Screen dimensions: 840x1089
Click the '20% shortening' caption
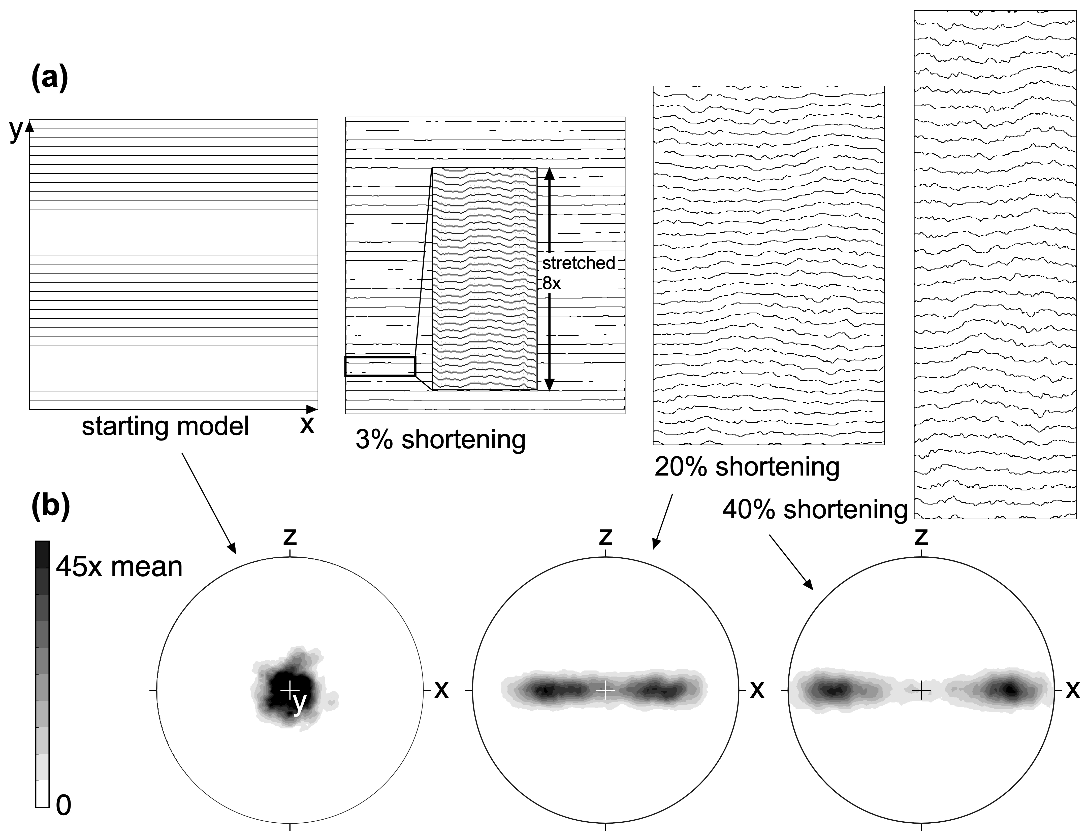tap(747, 467)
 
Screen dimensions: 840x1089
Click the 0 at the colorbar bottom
tap(63, 805)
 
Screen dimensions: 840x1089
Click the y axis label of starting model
tap(16, 131)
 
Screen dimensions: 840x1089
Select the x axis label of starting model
tap(307, 425)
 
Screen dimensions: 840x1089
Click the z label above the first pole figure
tap(290, 537)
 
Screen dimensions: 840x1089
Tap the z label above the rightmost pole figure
tap(921, 537)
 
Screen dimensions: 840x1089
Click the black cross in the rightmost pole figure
tap(921, 690)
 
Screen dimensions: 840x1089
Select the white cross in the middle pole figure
tap(605, 690)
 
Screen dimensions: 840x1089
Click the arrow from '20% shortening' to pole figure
tap(663, 521)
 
